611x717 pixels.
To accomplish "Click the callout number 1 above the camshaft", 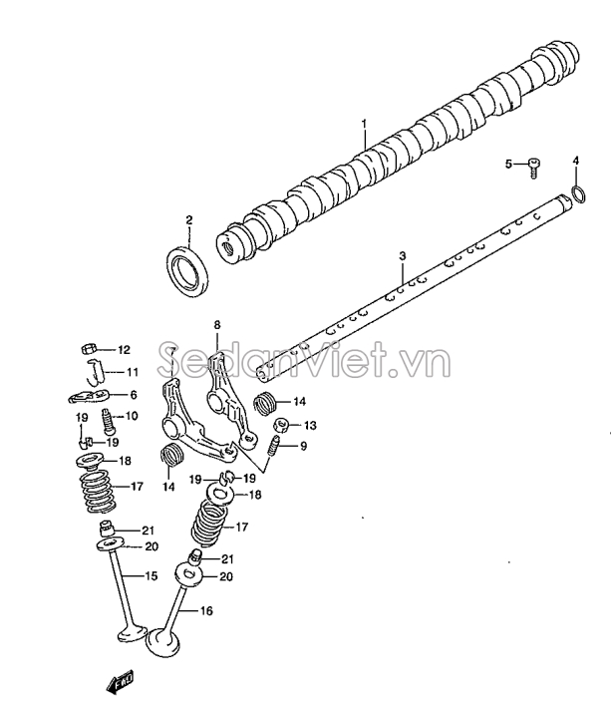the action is [x=364, y=125].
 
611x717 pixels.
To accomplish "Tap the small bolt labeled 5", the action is [x=534, y=167].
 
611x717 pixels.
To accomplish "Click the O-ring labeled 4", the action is [x=579, y=194].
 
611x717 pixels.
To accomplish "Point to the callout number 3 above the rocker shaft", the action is [x=402, y=255].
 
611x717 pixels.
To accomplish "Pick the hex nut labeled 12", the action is [x=88, y=350].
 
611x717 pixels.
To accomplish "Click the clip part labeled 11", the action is [x=96, y=372].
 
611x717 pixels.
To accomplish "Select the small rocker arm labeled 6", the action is [x=90, y=396].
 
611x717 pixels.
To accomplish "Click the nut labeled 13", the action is [x=281, y=426].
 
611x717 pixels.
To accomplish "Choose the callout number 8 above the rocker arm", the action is [x=216, y=325].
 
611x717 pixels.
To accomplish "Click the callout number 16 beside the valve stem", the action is [x=206, y=610].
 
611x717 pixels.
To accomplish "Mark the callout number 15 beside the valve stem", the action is [x=151, y=576].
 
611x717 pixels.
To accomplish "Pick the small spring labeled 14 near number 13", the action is [x=264, y=403].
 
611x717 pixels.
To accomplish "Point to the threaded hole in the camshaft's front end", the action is [x=227, y=248].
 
